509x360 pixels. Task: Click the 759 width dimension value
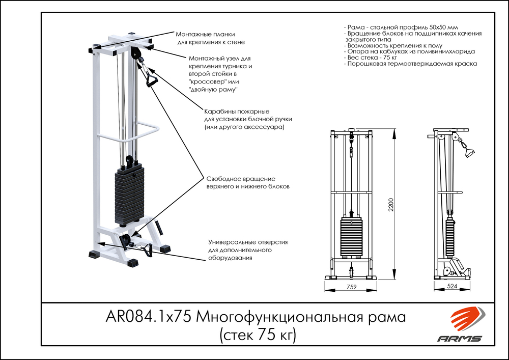[350, 287]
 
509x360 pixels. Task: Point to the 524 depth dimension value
[451, 287]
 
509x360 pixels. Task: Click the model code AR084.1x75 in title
[148, 318]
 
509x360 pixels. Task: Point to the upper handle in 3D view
[152, 79]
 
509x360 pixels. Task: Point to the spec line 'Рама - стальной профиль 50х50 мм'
[401, 25]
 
